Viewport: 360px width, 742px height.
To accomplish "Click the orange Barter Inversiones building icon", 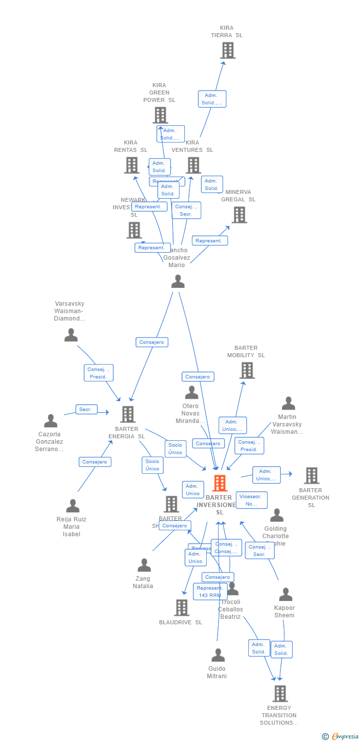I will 220,483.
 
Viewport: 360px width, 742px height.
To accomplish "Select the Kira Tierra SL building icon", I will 227,50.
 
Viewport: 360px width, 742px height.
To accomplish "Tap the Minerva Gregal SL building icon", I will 239,215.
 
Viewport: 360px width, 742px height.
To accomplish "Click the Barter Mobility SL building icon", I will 247,370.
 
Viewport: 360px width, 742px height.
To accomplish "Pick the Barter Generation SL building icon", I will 311,475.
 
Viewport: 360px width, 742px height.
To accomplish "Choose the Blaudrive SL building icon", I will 182,607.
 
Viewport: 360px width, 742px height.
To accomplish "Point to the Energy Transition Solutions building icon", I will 280,694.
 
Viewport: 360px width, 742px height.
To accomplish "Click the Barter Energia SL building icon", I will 128,414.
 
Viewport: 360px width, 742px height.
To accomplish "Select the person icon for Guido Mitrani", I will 218,655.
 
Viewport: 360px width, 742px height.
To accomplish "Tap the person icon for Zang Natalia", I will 144,565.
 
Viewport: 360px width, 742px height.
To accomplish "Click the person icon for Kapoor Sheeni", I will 285,594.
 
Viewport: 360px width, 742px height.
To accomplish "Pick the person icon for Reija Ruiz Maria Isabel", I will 73,506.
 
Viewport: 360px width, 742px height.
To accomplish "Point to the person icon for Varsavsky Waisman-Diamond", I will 71,335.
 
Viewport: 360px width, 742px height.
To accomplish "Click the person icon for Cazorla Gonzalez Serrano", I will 50,421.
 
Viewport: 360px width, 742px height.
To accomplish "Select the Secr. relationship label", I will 86,410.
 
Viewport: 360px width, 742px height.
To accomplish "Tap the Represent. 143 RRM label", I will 210,592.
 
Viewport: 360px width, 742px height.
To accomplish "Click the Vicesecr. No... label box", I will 251,500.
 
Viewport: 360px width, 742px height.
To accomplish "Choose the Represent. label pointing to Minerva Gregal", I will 209,241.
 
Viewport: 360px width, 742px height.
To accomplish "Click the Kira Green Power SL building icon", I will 160,115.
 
